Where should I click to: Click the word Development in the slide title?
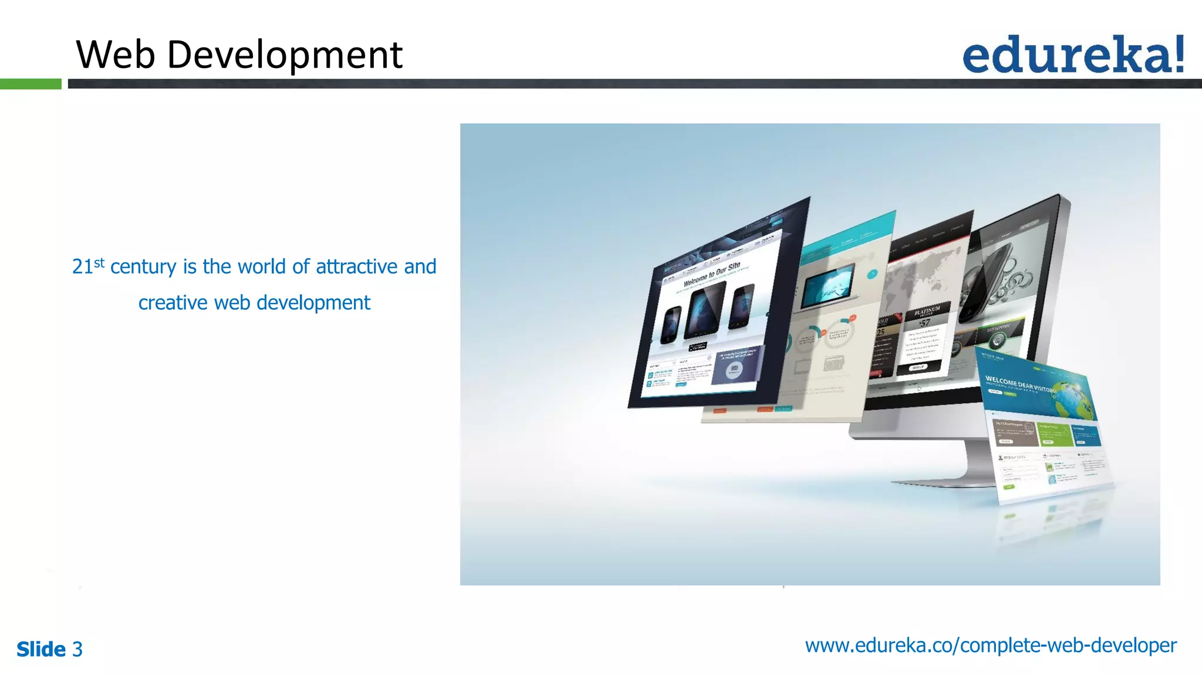pyautogui.click(x=285, y=55)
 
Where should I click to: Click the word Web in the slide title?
pyautogui.click(x=116, y=55)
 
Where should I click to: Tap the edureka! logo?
pyautogui.click(x=1073, y=54)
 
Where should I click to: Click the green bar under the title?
pyautogui.click(x=31, y=84)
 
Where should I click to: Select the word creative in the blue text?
pyautogui.click(x=173, y=303)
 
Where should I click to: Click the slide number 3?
pyautogui.click(x=77, y=650)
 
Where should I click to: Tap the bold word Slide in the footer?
pyautogui.click(x=41, y=650)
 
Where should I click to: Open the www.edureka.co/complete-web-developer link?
pyautogui.click(x=991, y=645)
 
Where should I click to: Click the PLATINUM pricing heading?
pyautogui.click(x=927, y=311)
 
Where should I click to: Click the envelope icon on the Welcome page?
pyautogui.click(x=734, y=369)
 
